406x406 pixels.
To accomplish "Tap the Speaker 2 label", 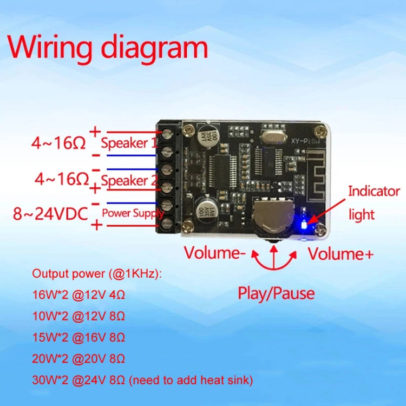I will (125, 180).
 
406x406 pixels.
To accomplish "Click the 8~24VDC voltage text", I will (50, 214).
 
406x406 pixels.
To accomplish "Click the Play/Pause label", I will (276, 293).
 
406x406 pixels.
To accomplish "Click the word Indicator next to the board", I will (374, 191).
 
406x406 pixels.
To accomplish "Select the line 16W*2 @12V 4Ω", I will (78, 296).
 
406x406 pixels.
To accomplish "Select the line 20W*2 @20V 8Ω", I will (78, 358).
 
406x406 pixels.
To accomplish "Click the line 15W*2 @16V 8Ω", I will (78, 337).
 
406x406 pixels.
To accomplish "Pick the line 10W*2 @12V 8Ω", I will (78, 317).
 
